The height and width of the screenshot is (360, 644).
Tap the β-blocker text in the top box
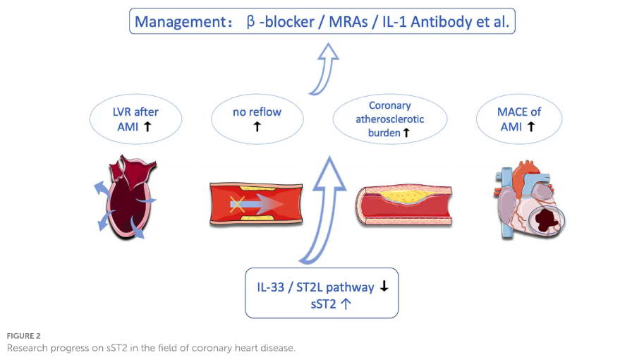279,21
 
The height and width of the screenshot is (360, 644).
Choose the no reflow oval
257,119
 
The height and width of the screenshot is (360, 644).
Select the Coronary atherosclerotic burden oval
389,119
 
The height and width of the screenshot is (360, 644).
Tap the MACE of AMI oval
519,119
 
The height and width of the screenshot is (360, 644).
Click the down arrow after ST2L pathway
384,287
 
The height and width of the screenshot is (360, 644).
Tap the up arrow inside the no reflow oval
257,128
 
